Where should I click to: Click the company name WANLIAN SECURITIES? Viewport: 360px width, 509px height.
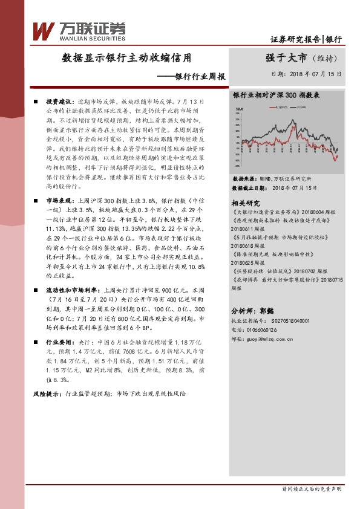pyautogui.click(x=93, y=37)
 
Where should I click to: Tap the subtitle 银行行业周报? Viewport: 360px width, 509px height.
pyautogui.click(x=200, y=77)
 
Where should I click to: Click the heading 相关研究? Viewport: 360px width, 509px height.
pyautogui.click(x=245, y=203)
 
